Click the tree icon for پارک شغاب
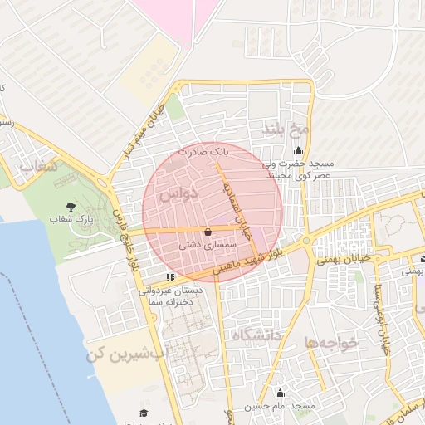(x=70, y=204)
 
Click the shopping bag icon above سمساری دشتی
(x=207, y=232)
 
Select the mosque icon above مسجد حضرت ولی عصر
(x=298, y=150)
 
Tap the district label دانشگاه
(x=257, y=335)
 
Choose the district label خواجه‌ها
(x=331, y=342)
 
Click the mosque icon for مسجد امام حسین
(x=280, y=393)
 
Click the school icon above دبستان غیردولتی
(x=170, y=276)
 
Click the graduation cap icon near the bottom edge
(x=143, y=413)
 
